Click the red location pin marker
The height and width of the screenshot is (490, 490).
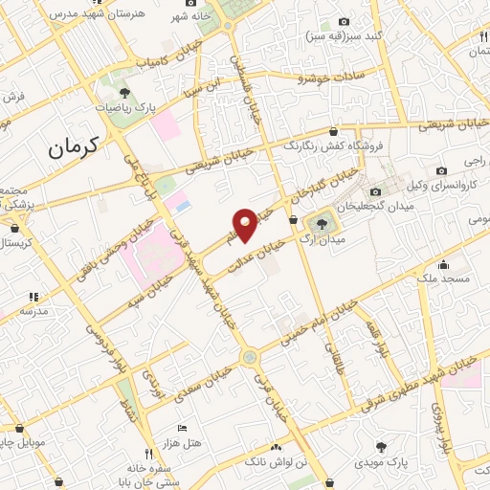click(x=247, y=225)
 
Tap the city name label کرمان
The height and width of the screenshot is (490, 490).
click(x=74, y=147)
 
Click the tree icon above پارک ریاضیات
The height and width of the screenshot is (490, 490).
click(x=125, y=92)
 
